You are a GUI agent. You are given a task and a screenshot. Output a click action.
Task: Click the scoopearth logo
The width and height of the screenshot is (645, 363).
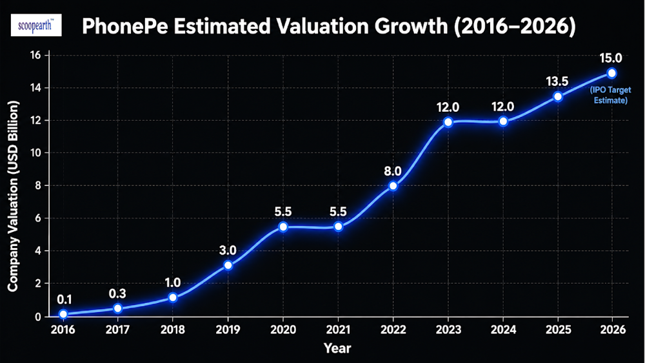pyautogui.click(x=36, y=25)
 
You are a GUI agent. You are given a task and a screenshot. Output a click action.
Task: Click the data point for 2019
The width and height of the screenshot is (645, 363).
pyautogui.click(x=228, y=265)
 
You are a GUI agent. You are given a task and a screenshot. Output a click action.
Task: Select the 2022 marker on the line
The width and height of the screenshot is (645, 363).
pyautogui.click(x=393, y=186)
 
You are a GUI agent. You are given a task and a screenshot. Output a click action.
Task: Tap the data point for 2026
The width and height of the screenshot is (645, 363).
pyautogui.click(x=611, y=74)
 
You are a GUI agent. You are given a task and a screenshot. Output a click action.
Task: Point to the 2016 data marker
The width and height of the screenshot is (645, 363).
pyautogui.click(x=63, y=314)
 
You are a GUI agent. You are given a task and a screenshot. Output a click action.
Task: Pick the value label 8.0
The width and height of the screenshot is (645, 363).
pyautogui.click(x=392, y=171)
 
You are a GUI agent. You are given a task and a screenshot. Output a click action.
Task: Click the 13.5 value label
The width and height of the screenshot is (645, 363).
pyautogui.click(x=557, y=81)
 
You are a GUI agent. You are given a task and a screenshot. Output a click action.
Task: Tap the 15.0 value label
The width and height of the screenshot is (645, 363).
pyautogui.click(x=611, y=58)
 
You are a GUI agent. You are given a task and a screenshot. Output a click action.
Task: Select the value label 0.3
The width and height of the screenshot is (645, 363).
pyautogui.click(x=117, y=293)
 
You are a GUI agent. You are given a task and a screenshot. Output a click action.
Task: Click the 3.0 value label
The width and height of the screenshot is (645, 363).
pyautogui.click(x=228, y=250)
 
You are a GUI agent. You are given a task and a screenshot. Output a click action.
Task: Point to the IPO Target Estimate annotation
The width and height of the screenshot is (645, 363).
pyautogui.click(x=610, y=95)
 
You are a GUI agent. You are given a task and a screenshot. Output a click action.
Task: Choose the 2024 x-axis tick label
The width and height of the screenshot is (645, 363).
pyautogui.click(x=503, y=329)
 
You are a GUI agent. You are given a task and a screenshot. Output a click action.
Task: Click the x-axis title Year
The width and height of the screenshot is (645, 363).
pyautogui.click(x=337, y=349)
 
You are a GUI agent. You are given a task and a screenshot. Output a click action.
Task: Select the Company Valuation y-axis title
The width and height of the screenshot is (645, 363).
pyautogui.click(x=13, y=196)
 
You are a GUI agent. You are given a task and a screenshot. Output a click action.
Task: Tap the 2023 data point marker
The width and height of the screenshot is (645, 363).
pyautogui.click(x=448, y=122)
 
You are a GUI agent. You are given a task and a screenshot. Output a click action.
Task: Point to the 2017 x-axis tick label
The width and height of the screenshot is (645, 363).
pyautogui.click(x=117, y=329)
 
